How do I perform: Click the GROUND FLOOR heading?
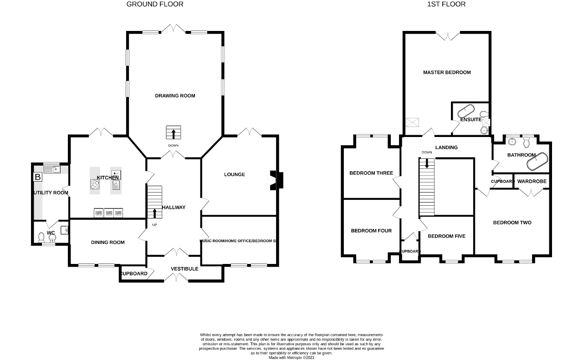pos(155,4)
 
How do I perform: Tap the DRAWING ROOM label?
pos(175,96)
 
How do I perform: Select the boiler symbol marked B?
pos(38,177)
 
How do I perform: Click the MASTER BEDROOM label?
pos(447,72)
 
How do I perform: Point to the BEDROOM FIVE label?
pos(446,236)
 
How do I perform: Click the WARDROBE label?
pos(532,181)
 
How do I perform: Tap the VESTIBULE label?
pos(184,269)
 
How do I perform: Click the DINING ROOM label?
pos(108,243)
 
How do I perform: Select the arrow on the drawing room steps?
pos(174,134)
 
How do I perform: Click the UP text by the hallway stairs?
pos(154,225)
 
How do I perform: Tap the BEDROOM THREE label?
pos(371,173)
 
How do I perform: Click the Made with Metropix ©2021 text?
pos(291,358)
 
